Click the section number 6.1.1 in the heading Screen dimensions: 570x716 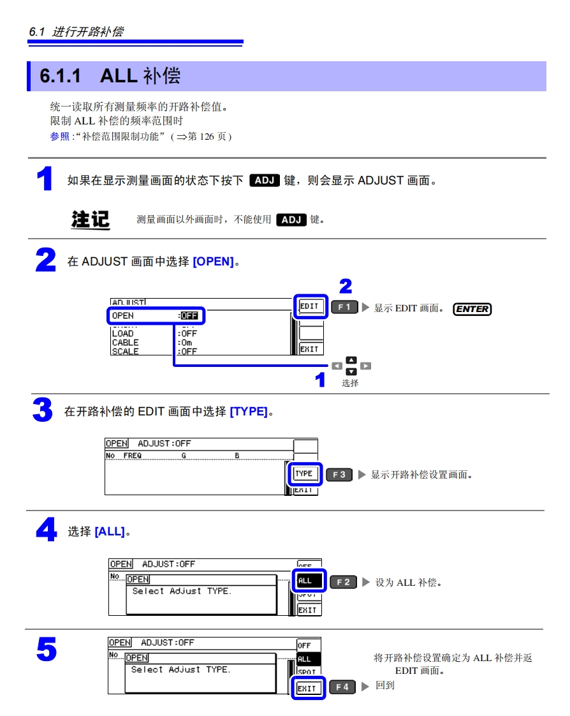(x=61, y=76)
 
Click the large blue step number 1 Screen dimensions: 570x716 (x=44, y=179)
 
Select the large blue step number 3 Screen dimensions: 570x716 (x=42, y=410)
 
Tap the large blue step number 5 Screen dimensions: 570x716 (x=46, y=650)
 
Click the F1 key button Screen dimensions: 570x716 (x=344, y=308)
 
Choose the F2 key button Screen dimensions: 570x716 (x=343, y=582)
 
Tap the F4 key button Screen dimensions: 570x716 (x=342, y=687)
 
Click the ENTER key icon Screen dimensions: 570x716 (x=472, y=309)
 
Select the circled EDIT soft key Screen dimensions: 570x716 (x=310, y=306)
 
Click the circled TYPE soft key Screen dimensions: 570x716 (x=304, y=474)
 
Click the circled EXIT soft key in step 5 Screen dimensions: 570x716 (x=307, y=689)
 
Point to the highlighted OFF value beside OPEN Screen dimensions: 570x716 (x=189, y=315)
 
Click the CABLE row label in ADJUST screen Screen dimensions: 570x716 (x=125, y=343)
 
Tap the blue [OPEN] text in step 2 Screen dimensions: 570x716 (x=213, y=262)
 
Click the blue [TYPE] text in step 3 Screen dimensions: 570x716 (x=248, y=412)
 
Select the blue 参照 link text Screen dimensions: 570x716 (x=59, y=137)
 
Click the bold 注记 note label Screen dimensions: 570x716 (x=90, y=220)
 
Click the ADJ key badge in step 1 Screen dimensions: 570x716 (x=263, y=180)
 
